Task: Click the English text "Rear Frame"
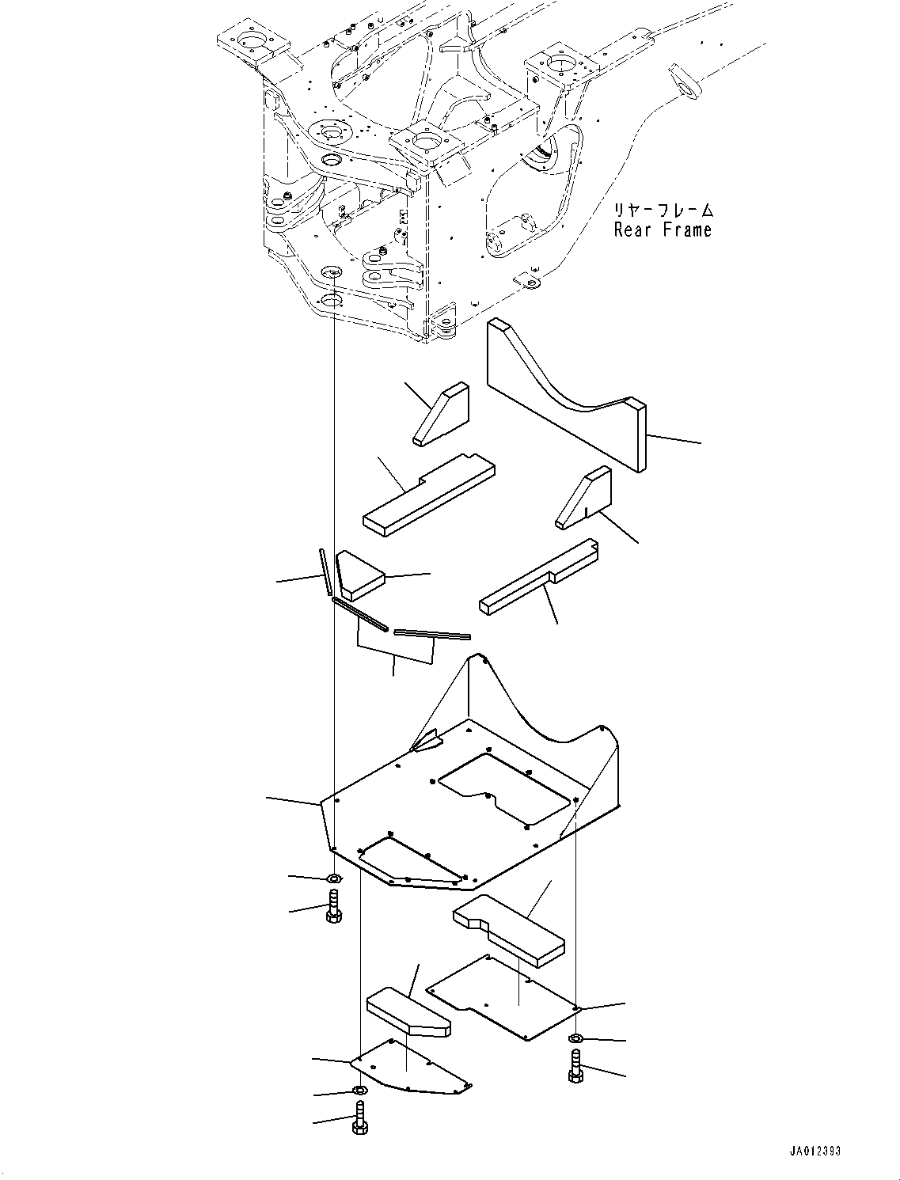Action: click(x=663, y=230)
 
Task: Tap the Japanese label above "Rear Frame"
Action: click(x=663, y=211)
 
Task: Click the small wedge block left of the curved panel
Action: click(x=441, y=415)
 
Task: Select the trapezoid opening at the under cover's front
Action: click(x=408, y=860)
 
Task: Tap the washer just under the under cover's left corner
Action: click(x=334, y=878)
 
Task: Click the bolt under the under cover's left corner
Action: click(x=333, y=907)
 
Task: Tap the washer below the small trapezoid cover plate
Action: click(x=359, y=1092)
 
